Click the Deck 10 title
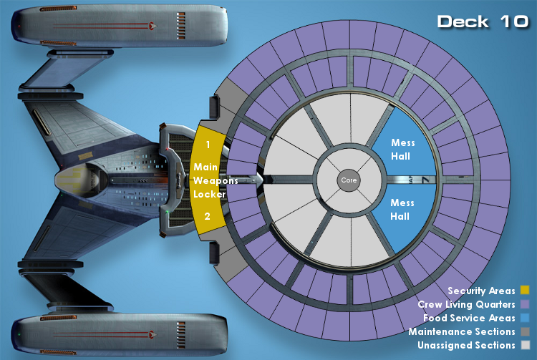(x=483, y=21)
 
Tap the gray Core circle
(x=349, y=180)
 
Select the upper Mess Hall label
(x=402, y=150)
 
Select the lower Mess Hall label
(x=402, y=210)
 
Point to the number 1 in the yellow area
(x=208, y=145)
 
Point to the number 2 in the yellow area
(x=207, y=216)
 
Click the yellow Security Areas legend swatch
(x=525, y=290)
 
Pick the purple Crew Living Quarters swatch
(x=525, y=304)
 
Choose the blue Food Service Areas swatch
(x=525, y=318)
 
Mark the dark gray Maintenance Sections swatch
(x=525, y=331)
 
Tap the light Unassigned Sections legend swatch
(x=525, y=345)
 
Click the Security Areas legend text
(x=481, y=291)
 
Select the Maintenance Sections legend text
(x=462, y=331)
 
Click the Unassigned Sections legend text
(x=466, y=345)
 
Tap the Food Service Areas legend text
(x=469, y=318)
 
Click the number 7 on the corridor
(x=426, y=180)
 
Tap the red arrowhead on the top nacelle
(x=153, y=25)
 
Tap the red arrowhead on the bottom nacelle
(x=153, y=334)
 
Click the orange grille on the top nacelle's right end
(x=181, y=26)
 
